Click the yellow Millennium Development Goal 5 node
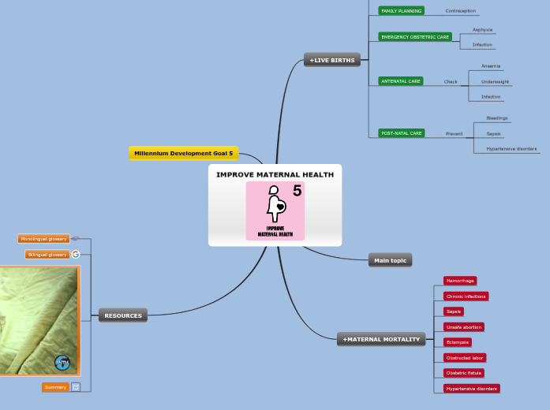183,153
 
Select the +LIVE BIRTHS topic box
332,60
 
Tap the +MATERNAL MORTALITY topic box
381,339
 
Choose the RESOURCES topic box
123,315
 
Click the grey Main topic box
390,260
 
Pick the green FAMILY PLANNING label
401,11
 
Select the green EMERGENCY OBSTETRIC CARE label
414,37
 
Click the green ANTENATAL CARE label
401,81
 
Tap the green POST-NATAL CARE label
402,133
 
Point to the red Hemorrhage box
459,281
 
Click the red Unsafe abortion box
463,326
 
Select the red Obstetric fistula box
464,372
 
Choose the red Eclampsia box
458,342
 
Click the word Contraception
460,11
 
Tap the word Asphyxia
482,30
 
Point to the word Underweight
495,82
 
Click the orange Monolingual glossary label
44,239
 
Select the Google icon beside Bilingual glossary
76,254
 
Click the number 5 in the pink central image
297,191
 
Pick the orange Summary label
55,387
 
